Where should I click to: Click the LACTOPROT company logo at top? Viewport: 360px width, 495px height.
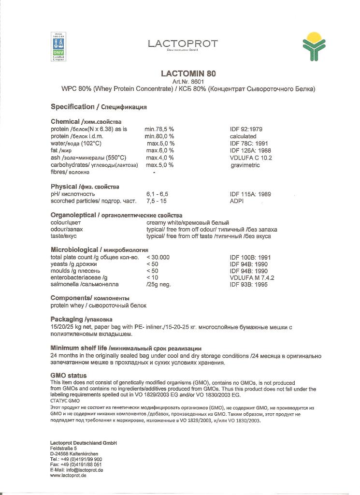(x=183, y=44)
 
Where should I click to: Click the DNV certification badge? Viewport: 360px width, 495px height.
(x=58, y=47)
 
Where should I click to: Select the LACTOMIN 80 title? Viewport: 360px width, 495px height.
(x=188, y=74)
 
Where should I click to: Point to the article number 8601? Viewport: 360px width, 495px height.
(x=188, y=82)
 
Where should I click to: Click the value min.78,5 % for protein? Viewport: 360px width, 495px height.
(x=159, y=130)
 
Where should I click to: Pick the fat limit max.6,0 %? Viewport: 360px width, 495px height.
(x=160, y=151)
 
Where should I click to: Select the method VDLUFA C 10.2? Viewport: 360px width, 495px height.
(x=251, y=158)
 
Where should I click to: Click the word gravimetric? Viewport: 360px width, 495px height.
(x=245, y=165)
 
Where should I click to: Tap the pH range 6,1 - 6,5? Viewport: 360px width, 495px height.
(x=158, y=194)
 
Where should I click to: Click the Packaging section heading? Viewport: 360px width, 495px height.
(x=81, y=320)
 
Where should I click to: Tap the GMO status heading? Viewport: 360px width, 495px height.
(x=69, y=375)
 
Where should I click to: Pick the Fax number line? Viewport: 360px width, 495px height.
(x=76, y=465)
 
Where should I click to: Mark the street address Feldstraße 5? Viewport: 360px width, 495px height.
(x=63, y=449)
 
